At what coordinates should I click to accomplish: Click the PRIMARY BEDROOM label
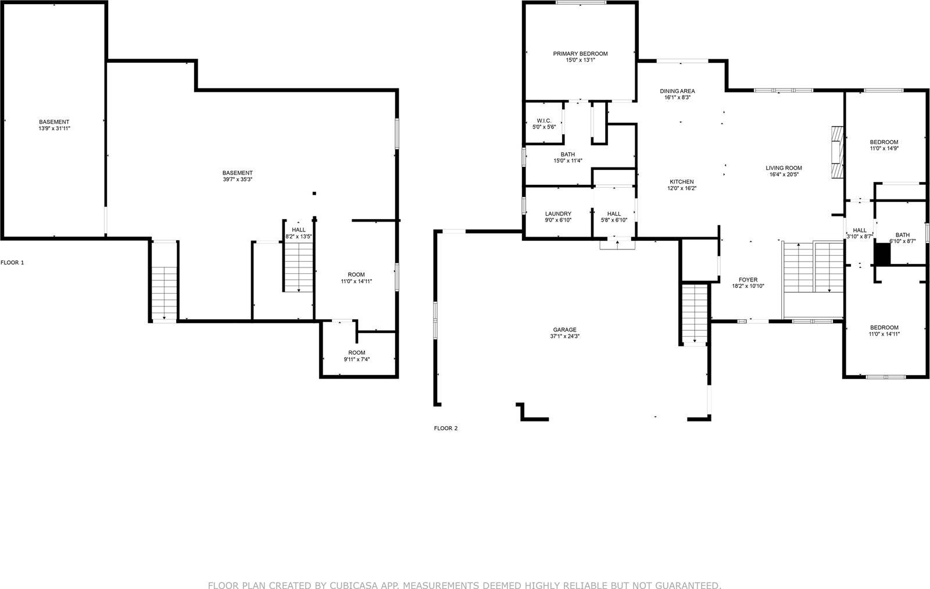[580, 53]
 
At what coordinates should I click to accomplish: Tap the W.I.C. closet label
[543, 120]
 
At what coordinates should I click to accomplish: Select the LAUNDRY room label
[558, 213]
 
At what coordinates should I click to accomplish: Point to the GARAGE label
[564, 330]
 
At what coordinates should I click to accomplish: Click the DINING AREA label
[677, 91]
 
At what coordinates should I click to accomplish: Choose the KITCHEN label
[681, 181]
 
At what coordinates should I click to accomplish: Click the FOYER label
[748, 280]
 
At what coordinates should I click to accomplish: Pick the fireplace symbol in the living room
[836, 152]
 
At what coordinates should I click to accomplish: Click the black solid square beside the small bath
[883, 254]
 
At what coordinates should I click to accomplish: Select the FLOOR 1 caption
[12, 263]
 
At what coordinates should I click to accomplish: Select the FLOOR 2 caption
[446, 429]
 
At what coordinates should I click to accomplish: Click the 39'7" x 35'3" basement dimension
[237, 180]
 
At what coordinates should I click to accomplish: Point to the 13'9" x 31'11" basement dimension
[54, 128]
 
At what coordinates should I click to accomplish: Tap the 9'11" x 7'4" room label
[356, 359]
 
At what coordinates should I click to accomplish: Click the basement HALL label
[299, 230]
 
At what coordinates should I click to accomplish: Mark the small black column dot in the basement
[314, 193]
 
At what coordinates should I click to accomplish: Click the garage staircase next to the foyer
[694, 314]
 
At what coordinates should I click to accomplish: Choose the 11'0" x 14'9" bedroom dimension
[884, 149]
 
